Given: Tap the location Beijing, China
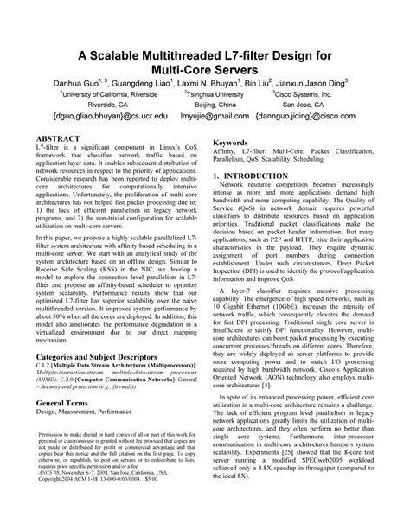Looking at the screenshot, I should [210, 102].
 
